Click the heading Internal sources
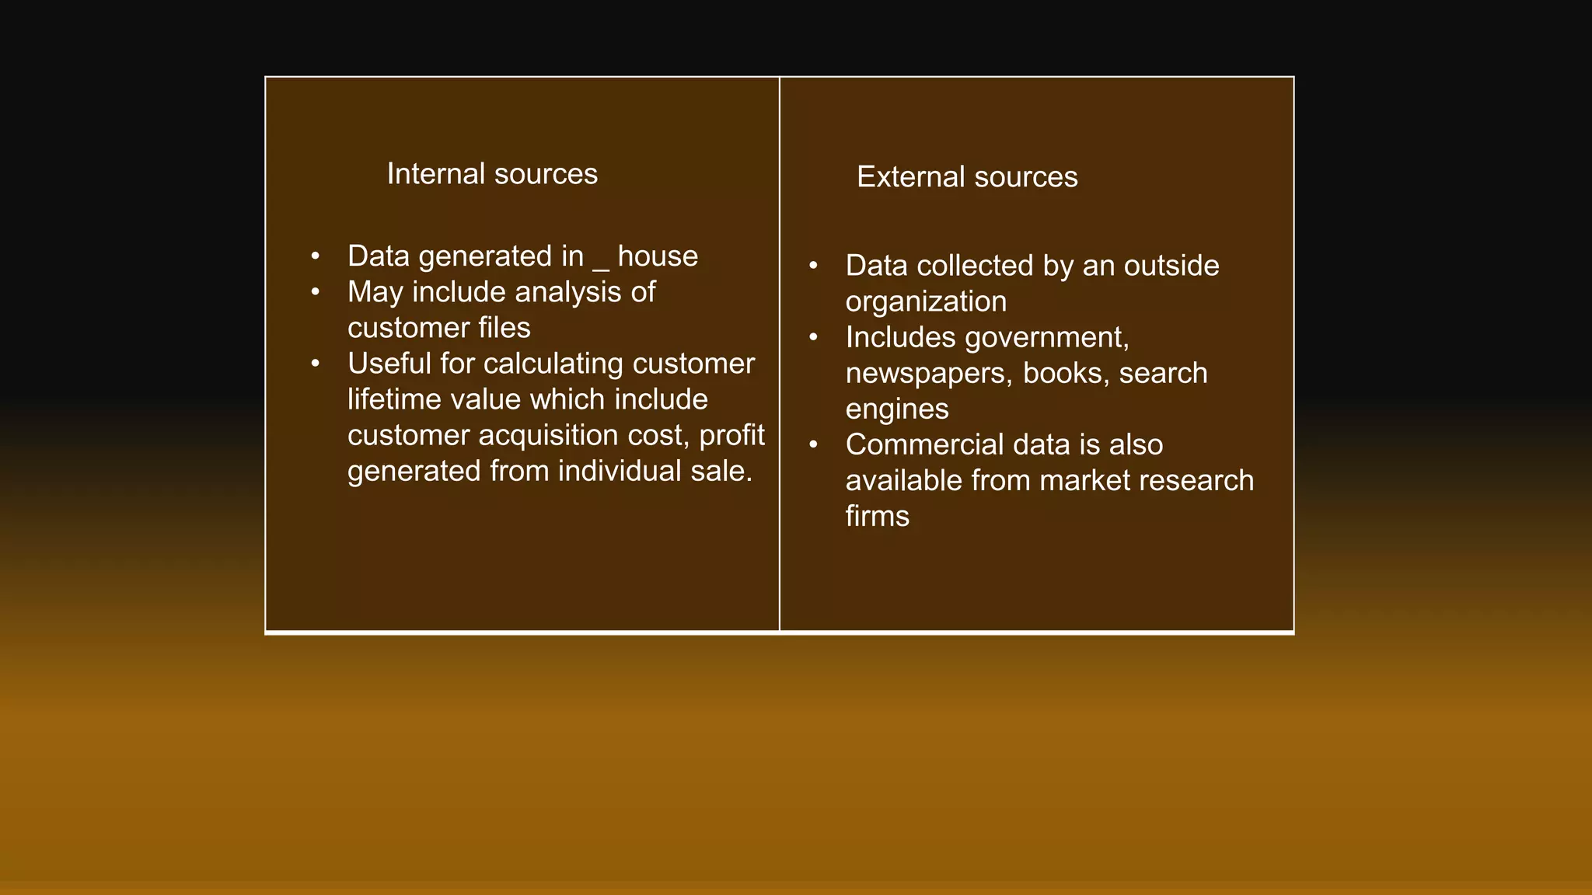492,174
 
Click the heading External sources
967,177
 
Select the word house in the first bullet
658,256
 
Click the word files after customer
504,328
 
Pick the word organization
926,301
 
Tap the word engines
897,409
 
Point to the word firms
877,516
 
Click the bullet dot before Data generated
315,256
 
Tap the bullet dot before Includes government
813,337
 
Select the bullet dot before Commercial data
813,444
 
